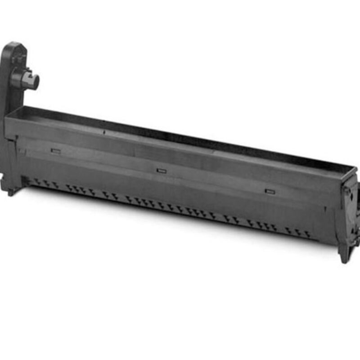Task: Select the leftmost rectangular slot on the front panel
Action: (56, 151)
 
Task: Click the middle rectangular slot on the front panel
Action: (161, 171)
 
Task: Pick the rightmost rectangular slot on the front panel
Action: (270, 191)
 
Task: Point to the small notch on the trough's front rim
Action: (104, 133)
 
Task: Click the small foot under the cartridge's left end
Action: (10, 191)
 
